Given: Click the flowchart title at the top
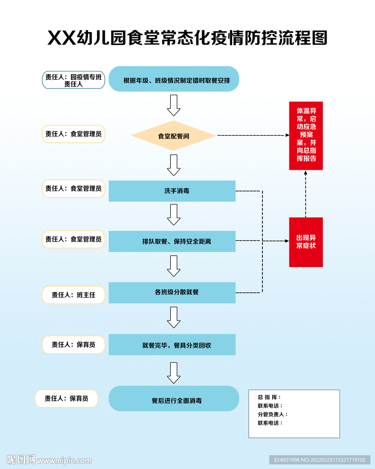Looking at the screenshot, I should (x=187, y=38).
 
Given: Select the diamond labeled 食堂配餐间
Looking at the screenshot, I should (x=174, y=136).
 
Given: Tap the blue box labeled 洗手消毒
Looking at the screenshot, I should (x=172, y=191).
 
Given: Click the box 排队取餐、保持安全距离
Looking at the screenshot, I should (x=172, y=241).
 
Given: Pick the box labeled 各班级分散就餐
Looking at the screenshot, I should (x=172, y=292).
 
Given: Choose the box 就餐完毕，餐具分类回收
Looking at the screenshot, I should (x=172, y=345).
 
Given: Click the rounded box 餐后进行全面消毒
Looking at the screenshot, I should (x=174, y=398).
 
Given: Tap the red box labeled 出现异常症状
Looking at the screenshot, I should (x=306, y=242).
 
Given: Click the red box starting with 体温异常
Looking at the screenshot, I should (x=306, y=136).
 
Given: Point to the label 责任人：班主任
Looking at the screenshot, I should (x=74, y=295).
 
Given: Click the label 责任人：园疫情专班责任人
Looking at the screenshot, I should (x=74, y=80).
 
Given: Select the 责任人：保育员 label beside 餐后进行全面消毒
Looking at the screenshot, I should (x=67, y=398).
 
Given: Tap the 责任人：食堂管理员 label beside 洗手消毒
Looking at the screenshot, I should (x=74, y=188).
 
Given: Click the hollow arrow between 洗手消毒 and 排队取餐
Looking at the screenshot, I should (x=174, y=214).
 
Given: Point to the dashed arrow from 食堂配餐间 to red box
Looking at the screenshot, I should (x=252, y=136).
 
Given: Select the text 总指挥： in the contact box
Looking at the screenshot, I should (x=269, y=397).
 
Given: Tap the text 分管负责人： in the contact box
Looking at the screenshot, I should (x=273, y=414).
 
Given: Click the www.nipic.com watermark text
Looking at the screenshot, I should (x=65, y=460).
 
